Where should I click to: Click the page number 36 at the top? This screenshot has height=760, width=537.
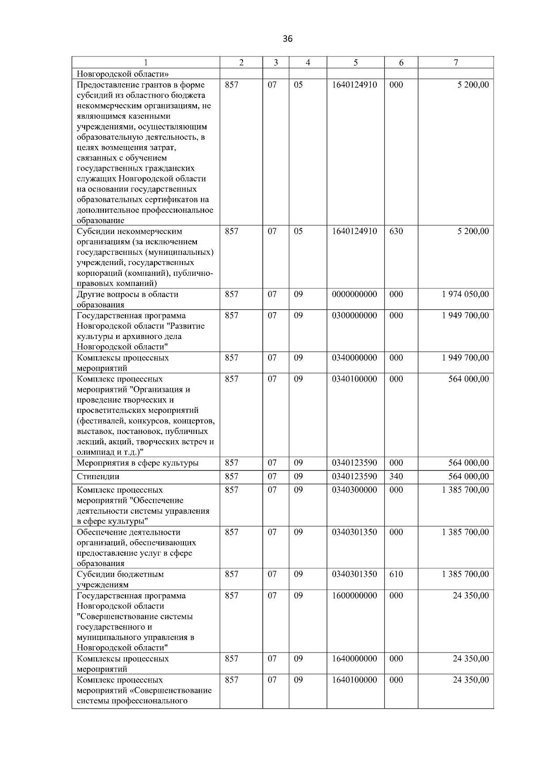tap(288, 39)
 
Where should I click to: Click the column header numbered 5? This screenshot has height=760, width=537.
tap(355, 63)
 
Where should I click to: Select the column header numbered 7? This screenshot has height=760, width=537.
tap(456, 63)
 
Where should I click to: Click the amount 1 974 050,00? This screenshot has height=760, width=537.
tap(465, 294)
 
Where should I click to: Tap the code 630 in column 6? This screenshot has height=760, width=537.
tap(396, 231)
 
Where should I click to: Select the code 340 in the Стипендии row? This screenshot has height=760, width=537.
tap(396, 477)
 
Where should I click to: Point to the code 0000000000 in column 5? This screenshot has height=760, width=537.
tap(354, 294)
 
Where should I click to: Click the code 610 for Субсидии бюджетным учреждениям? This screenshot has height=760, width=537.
tap(396, 574)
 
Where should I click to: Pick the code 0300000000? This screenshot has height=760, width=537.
tap(354, 315)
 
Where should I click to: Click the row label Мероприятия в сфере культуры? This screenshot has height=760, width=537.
tap(137, 463)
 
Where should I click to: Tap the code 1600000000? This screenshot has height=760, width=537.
tap(354, 596)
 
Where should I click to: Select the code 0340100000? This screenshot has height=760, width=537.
tap(354, 379)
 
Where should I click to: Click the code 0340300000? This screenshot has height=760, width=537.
tap(354, 490)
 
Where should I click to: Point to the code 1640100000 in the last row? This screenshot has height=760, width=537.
tap(354, 680)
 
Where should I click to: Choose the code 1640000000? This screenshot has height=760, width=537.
tap(354, 659)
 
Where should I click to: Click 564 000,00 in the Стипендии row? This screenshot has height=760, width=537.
tap(469, 477)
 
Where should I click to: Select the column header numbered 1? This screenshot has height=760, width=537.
tap(146, 63)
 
